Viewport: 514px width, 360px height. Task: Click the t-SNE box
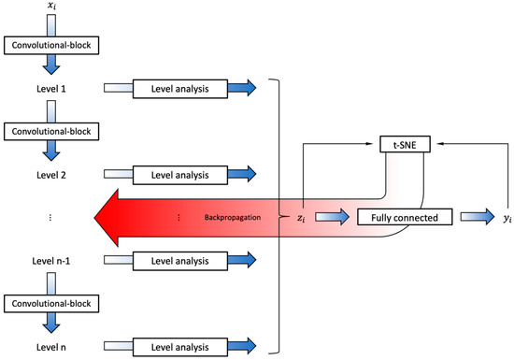pos(403,145)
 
